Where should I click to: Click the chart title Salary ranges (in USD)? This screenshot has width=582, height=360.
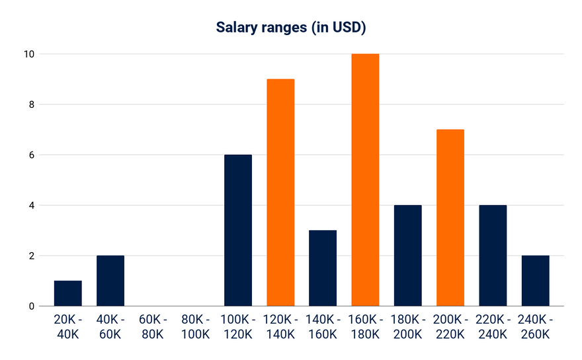(x=292, y=28)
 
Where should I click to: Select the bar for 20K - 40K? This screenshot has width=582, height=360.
(x=68, y=293)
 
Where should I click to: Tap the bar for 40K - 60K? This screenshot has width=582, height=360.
(x=110, y=281)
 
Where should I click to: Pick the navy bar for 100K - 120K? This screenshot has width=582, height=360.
(x=238, y=230)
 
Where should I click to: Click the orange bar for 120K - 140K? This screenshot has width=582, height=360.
(x=280, y=193)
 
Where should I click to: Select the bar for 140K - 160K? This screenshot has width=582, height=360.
(x=323, y=268)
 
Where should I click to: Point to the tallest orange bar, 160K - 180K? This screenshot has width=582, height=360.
(x=365, y=180)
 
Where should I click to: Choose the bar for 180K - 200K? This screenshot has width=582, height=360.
(x=408, y=255)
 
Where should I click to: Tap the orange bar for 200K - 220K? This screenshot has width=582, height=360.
(x=450, y=218)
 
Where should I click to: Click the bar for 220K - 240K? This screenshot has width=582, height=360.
(x=493, y=255)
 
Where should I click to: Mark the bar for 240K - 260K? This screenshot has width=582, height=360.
(x=535, y=281)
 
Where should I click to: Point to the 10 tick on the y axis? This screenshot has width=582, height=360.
(x=26, y=54)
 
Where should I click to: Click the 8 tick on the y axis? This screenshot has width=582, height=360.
(x=29, y=105)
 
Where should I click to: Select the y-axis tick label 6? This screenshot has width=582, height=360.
(x=29, y=155)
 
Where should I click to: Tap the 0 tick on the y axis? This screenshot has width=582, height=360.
(x=29, y=306)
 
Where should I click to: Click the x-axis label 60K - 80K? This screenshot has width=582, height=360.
(x=153, y=327)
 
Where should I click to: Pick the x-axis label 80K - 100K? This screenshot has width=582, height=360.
(x=195, y=327)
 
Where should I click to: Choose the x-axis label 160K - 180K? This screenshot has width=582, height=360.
(x=365, y=327)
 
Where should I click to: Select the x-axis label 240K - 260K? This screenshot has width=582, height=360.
(x=535, y=327)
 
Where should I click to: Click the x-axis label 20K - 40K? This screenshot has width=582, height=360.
(x=68, y=327)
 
